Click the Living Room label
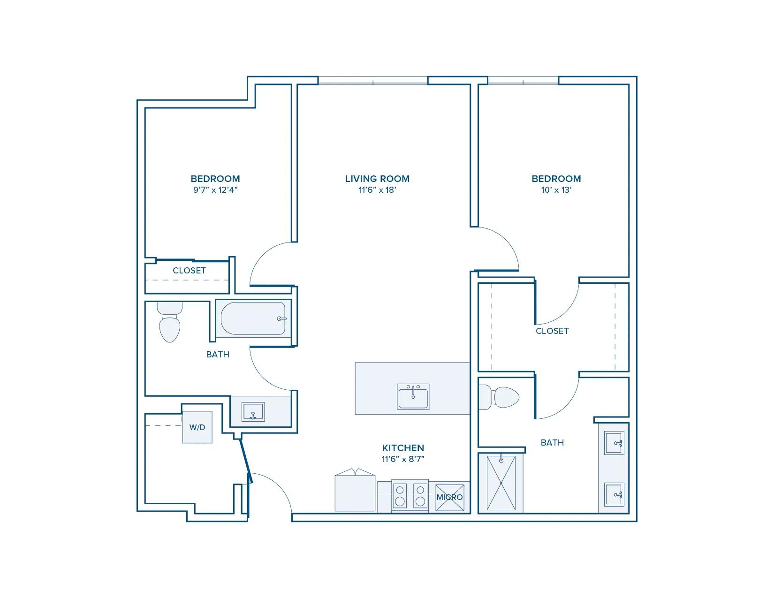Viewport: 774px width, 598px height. point(377,179)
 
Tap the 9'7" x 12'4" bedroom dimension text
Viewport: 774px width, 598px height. point(215,190)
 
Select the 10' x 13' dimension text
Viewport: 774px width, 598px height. point(556,190)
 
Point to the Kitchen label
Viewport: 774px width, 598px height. point(403,448)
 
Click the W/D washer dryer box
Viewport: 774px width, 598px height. point(197,427)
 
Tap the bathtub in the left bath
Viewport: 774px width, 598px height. point(253,318)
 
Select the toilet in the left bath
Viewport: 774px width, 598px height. point(170,324)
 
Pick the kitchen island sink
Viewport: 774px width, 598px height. point(413,397)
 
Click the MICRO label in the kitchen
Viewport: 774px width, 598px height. point(449,497)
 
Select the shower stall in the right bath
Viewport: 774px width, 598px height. point(501,483)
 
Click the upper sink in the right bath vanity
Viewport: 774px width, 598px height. point(614,443)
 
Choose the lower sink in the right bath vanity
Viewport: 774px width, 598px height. point(614,494)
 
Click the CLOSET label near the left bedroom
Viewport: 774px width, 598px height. point(189,271)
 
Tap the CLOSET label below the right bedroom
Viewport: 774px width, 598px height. point(552,331)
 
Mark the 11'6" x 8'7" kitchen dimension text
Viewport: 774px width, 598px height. point(403,459)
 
